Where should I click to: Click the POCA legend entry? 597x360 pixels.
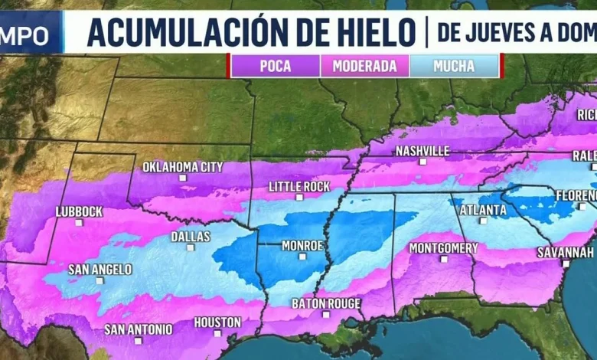point(276,66)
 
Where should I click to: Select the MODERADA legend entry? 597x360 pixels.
point(364,66)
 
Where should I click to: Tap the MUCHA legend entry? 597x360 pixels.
point(454,66)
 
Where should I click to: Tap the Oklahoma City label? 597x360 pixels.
point(183,166)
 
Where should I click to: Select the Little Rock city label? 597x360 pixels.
point(299,186)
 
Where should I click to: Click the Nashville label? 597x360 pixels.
point(422,151)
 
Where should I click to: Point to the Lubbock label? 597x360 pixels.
point(79,211)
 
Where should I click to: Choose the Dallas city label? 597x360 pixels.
point(191,237)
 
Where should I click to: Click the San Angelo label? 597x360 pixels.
point(100,269)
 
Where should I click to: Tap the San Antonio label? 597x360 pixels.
point(139,329)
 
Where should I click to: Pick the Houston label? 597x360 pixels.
point(217,322)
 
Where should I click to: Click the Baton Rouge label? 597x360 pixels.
point(326,303)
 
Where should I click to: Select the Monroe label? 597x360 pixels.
point(302,246)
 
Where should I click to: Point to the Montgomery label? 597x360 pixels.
point(443,247)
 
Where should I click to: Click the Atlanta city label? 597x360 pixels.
point(483,209)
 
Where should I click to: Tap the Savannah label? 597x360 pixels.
point(566,252)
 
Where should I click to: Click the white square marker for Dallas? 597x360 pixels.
point(191,247)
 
